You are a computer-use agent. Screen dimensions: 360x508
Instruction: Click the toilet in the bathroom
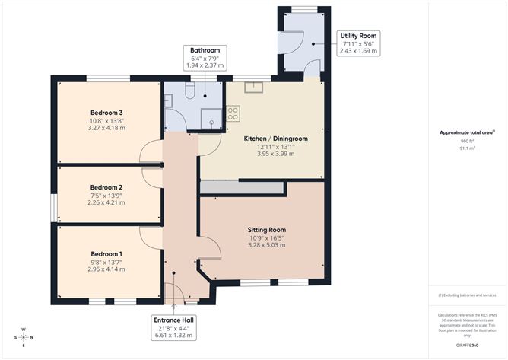point(189,91)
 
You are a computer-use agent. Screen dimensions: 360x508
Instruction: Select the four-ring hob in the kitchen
point(233,113)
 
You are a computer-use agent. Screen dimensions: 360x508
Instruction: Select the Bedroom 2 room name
point(106,186)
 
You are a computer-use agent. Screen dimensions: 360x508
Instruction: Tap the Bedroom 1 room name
point(106,253)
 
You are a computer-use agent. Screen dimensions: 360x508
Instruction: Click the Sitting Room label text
point(266,229)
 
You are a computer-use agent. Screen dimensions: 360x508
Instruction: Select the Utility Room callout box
point(357,43)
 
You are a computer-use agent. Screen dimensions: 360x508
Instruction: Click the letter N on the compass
point(24,329)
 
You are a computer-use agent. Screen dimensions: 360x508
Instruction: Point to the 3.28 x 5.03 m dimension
point(266,245)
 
